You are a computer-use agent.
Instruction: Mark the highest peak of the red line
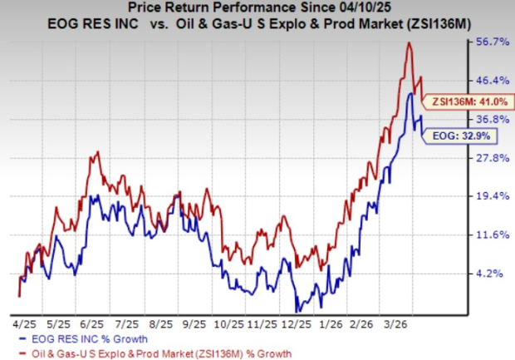tap(409, 43)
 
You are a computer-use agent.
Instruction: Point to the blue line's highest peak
tap(410, 93)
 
